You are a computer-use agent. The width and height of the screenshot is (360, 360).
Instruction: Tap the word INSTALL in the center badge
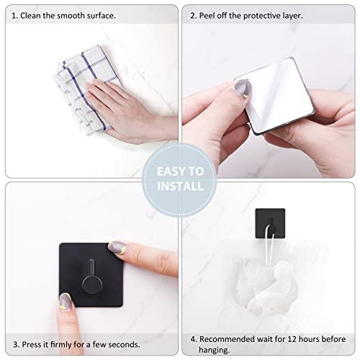tap(180, 186)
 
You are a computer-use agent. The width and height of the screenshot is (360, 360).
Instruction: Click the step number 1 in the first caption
tap(15, 14)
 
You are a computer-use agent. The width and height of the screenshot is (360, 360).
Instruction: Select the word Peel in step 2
tap(209, 14)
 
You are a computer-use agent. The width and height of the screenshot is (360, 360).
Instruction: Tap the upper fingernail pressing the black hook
tap(116, 248)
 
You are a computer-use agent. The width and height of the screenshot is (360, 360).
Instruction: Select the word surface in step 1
tap(96, 14)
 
